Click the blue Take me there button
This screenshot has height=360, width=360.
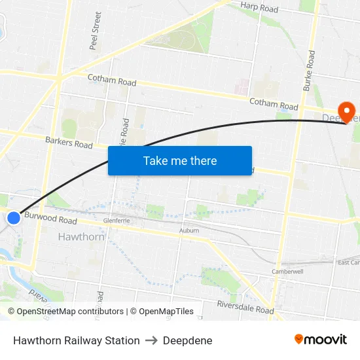click(180, 160)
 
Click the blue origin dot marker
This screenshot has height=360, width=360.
click(14, 217)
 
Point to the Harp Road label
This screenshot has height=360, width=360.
click(259, 9)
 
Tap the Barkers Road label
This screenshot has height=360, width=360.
click(69, 142)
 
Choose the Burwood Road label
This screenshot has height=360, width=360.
click(50, 219)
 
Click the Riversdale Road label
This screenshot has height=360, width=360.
click(245, 308)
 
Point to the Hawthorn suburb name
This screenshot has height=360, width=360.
click(81, 236)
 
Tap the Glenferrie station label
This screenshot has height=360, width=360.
click(117, 221)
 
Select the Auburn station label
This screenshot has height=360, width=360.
click(189, 231)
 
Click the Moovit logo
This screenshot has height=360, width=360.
click(321, 340)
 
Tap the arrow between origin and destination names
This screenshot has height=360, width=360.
click(151, 340)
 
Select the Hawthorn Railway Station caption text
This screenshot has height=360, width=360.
click(76, 340)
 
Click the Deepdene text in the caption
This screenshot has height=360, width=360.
click(187, 340)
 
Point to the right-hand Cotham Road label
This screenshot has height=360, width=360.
click(274, 104)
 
